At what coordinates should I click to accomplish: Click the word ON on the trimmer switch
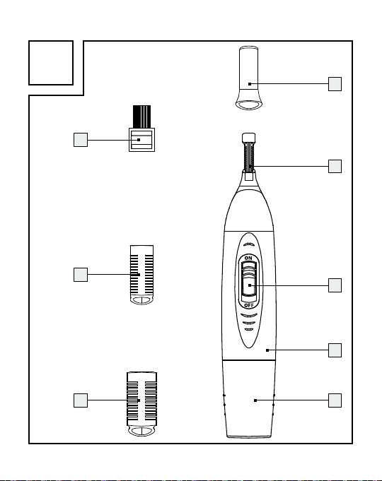pyautogui.click(x=248, y=258)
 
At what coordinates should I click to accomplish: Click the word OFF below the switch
pyautogui.click(x=249, y=305)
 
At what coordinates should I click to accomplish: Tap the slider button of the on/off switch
pyautogui.click(x=249, y=286)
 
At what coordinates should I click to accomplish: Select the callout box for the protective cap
pyautogui.click(x=335, y=84)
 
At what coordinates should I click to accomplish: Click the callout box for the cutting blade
pyautogui.click(x=335, y=166)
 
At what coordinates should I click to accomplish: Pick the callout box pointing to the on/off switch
pyautogui.click(x=335, y=285)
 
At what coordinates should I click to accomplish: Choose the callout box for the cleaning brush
pyautogui.click(x=81, y=140)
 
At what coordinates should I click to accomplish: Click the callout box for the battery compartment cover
pyautogui.click(x=335, y=400)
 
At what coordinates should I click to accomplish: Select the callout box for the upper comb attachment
pyautogui.click(x=81, y=275)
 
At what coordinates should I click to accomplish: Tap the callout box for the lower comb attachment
pyautogui.click(x=81, y=400)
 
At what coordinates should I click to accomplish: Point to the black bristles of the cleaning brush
pyautogui.click(x=141, y=117)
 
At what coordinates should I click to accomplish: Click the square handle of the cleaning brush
pyautogui.click(x=141, y=140)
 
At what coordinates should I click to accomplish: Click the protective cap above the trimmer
pyautogui.click(x=248, y=78)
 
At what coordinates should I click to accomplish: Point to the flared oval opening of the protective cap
pyautogui.click(x=248, y=105)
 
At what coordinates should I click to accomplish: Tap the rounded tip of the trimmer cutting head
pyautogui.click(x=248, y=137)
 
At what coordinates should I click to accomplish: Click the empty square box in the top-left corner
pyautogui.click(x=51, y=63)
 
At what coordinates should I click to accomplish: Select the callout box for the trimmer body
pyautogui.click(x=335, y=350)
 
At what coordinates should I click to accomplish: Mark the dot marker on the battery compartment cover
pyautogui.click(x=255, y=400)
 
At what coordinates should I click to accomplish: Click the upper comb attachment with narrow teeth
pyautogui.click(x=141, y=275)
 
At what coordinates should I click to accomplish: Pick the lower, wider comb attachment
pyautogui.click(x=141, y=404)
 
